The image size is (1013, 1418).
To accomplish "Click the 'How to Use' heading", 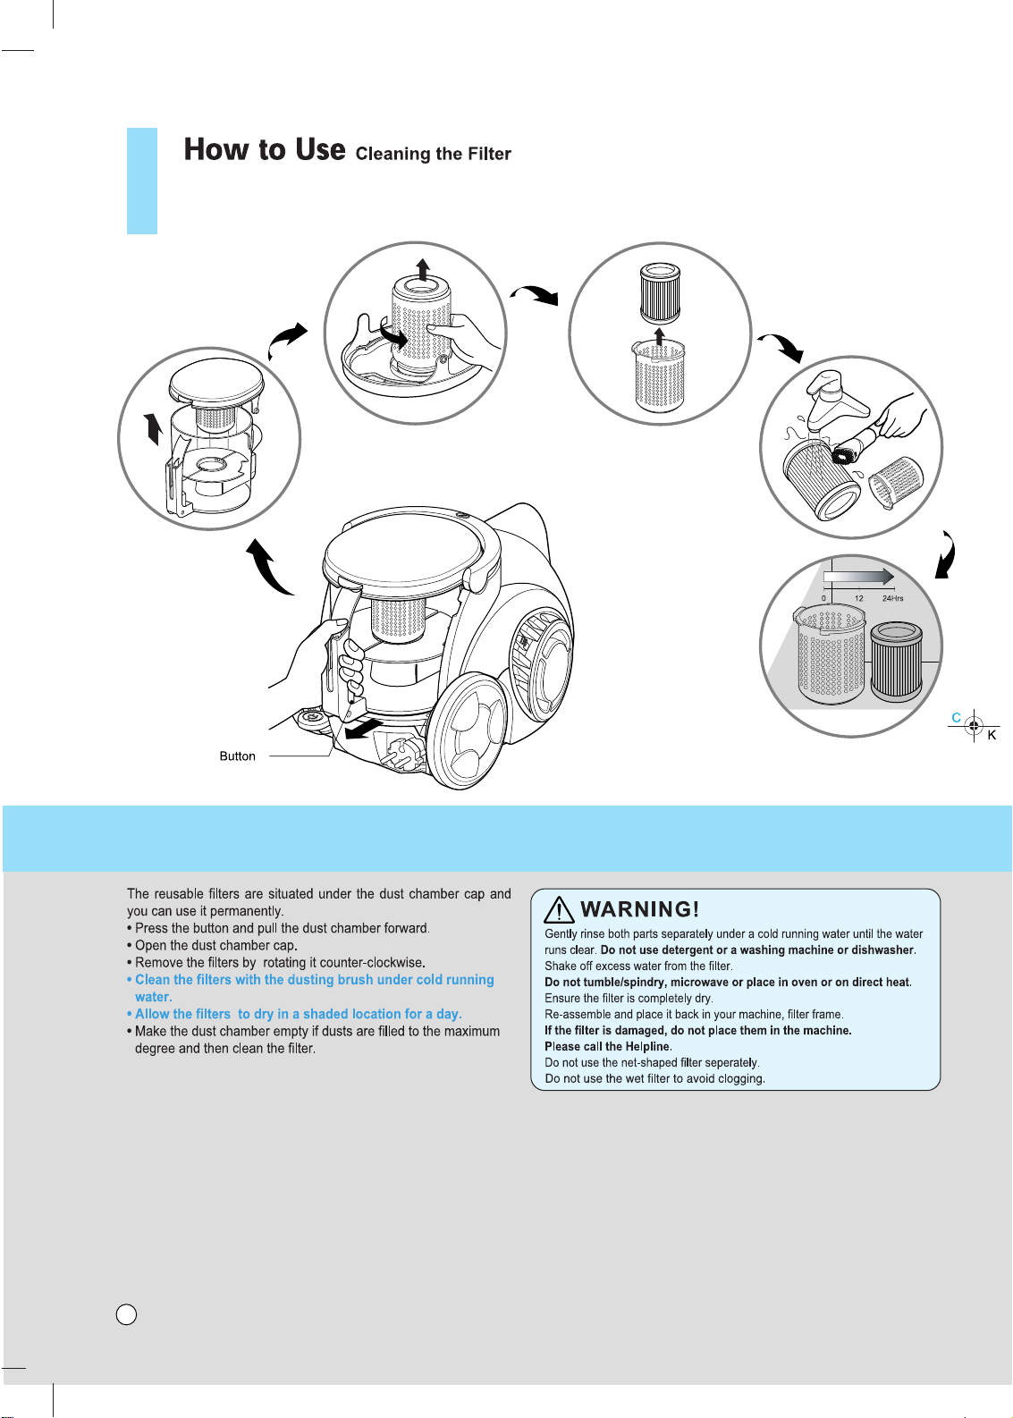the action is point(265,149).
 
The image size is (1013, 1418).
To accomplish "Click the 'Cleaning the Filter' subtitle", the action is point(433,154).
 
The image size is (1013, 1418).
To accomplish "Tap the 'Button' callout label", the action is point(238,755).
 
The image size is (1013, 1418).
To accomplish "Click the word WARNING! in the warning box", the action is point(639,909).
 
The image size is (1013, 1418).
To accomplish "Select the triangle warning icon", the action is point(559,909).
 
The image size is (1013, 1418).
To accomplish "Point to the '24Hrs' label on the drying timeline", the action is point(892,598).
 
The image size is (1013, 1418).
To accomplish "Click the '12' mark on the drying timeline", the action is point(858,598).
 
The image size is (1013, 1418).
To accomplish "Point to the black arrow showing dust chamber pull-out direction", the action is point(364,728).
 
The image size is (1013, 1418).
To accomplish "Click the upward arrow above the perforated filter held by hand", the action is point(422,269).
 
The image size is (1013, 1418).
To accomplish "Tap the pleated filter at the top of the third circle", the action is point(659,294).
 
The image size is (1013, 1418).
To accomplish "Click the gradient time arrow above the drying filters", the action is point(858,576).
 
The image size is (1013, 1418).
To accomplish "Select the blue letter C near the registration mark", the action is point(956,718).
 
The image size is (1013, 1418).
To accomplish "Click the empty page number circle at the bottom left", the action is point(127,1315).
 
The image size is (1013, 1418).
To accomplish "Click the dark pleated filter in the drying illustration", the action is point(896,661).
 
